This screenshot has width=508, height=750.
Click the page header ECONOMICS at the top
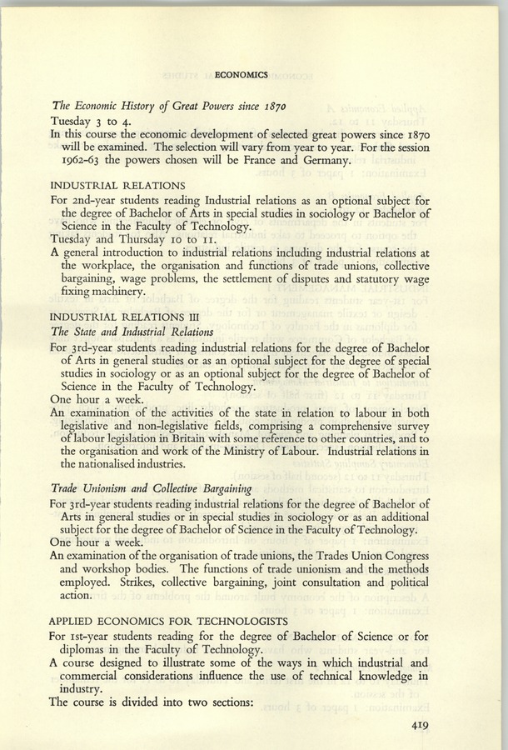click(241, 74)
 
